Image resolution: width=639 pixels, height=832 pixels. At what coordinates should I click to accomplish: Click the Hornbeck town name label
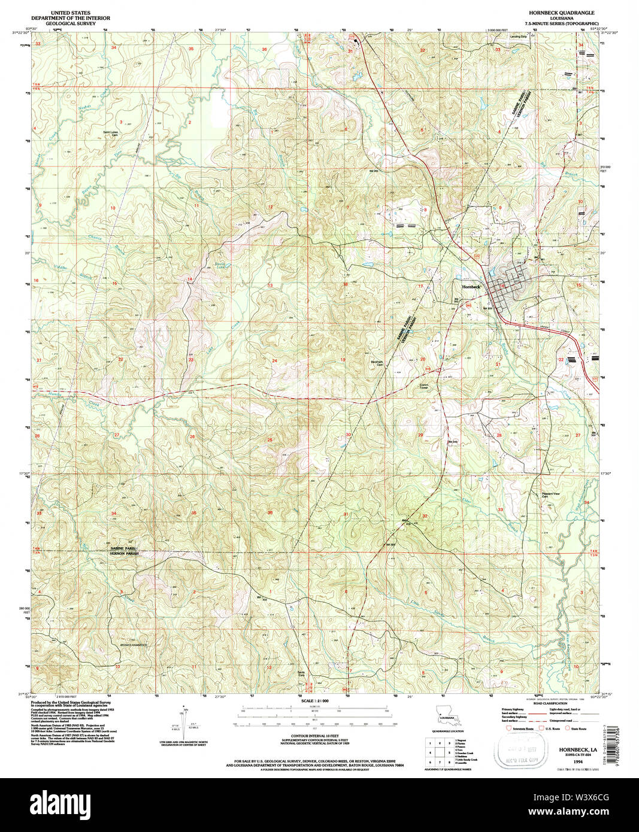(x=470, y=287)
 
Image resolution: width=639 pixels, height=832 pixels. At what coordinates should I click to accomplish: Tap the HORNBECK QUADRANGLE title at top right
(x=561, y=12)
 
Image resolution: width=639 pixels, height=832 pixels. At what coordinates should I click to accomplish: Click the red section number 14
(x=189, y=280)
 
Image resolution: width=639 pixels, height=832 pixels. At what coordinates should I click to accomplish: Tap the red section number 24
(x=275, y=360)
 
